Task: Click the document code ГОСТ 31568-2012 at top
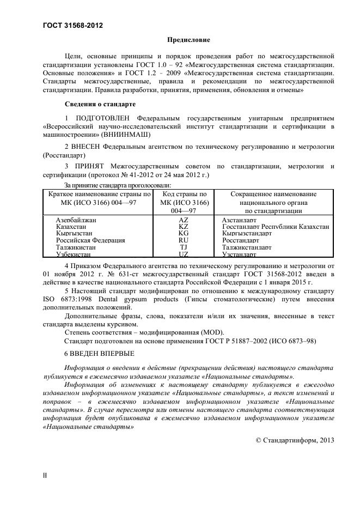(x=72, y=25)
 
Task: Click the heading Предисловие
(x=188, y=40)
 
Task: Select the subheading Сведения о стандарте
(x=100, y=104)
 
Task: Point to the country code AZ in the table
(x=184, y=220)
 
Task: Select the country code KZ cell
(x=184, y=226)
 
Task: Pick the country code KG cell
(x=184, y=233)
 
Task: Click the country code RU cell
(x=184, y=240)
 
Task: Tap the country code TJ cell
(x=184, y=247)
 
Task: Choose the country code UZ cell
(x=184, y=254)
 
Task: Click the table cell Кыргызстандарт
(x=247, y=233)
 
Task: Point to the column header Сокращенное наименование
(x=273, y=194)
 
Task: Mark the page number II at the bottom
(x=45, y=475)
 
